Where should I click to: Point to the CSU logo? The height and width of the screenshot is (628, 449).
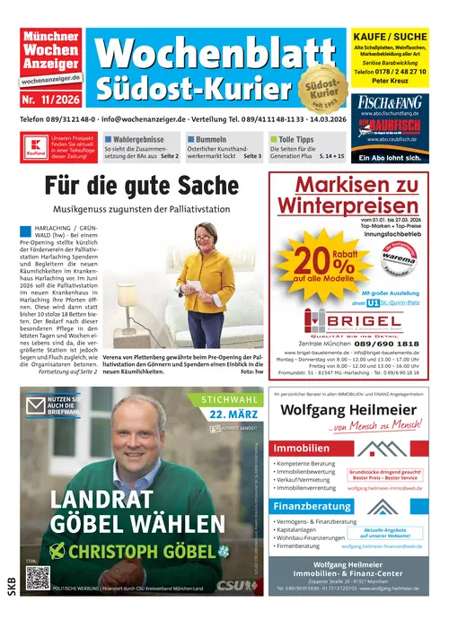(232, 585)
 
